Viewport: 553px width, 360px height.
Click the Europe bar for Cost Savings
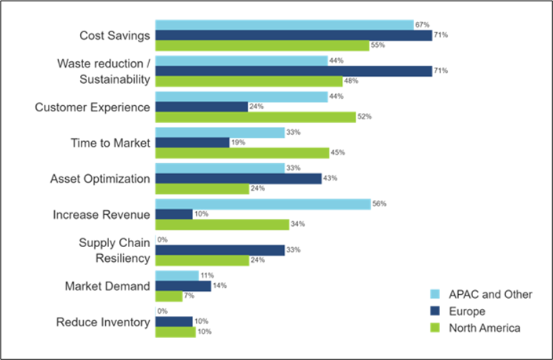pos(293,35)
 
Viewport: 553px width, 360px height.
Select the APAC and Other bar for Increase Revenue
pos(263,204)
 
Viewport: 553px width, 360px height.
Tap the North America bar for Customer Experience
pos(256,117)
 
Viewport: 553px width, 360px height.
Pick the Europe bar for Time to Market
pos(192,143)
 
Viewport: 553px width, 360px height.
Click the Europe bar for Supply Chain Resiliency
pos(220,250)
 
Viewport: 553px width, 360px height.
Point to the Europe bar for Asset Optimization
pos(238,178)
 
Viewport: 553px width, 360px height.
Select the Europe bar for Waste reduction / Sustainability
pos(293,71)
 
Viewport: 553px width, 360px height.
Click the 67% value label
pos(421,24)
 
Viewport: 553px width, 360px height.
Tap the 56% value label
pos(378,204)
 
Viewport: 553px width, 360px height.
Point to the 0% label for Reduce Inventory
pos(162,311)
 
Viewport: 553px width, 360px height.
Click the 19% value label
pos(236,143)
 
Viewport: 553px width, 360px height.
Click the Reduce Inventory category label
pos(103,322)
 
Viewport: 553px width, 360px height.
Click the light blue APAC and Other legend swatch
pos(435,294)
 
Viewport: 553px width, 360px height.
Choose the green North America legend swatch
pos(435,328)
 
